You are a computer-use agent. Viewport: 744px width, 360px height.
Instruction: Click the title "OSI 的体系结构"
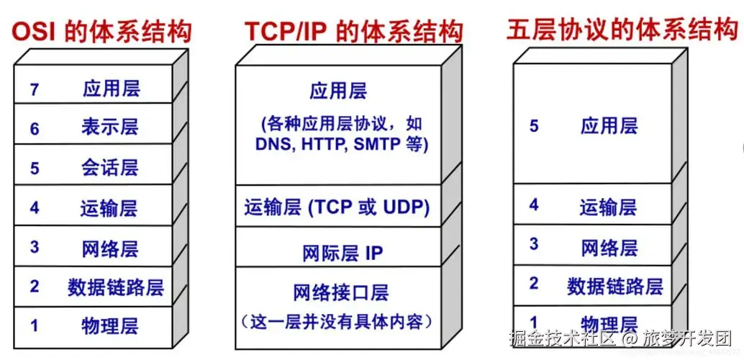pyautogui.click(x=101, y=33)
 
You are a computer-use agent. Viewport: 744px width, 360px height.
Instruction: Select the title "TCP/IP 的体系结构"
pyautogui.click(x=353, y=33)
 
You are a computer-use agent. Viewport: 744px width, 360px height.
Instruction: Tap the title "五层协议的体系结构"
pyautogui.click(x=621, y=30)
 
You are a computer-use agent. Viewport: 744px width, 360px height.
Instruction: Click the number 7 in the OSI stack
pyautogui.click(x=34, y=90)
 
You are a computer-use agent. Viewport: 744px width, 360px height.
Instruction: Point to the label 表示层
pyautogui.click(x=110, y=127)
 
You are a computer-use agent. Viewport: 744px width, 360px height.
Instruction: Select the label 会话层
pyautogui.click(x=110, y=168)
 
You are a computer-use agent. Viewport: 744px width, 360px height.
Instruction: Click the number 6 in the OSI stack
pyautogui.click(x=34, y=129)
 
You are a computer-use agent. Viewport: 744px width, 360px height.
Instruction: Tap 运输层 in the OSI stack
pyautogui.click(x=109, y=208)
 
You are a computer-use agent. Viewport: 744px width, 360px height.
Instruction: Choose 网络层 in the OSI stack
pyautogui.click(x=110, y=248)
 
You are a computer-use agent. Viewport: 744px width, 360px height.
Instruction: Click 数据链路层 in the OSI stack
pyautogui.click(x=116, y=288)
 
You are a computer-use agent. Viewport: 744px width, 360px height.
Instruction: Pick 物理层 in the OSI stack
pyautogui.click(x=110, y=326)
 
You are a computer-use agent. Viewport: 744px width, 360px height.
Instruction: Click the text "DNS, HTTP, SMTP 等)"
pyautogui.click(x=342, y=145)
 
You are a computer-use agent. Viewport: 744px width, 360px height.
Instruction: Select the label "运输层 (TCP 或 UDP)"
pyautogui.click(x=337, y=207)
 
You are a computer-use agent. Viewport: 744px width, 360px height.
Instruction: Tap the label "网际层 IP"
pyautogui.click(x=342, y=253)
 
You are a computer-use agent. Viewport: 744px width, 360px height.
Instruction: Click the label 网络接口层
pyautogui.click(x=340, y=292)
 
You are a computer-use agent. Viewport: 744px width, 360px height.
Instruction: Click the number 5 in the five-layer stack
pyautogui.click(x=534, y=126)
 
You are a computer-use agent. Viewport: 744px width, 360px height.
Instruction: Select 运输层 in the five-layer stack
pyautogui.click(x=609, y=207)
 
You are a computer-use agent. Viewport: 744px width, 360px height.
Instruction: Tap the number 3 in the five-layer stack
pyautogui.click(x=534, y=244)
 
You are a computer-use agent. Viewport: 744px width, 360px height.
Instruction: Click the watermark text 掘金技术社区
pyautogui.click(x=562, y=338)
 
